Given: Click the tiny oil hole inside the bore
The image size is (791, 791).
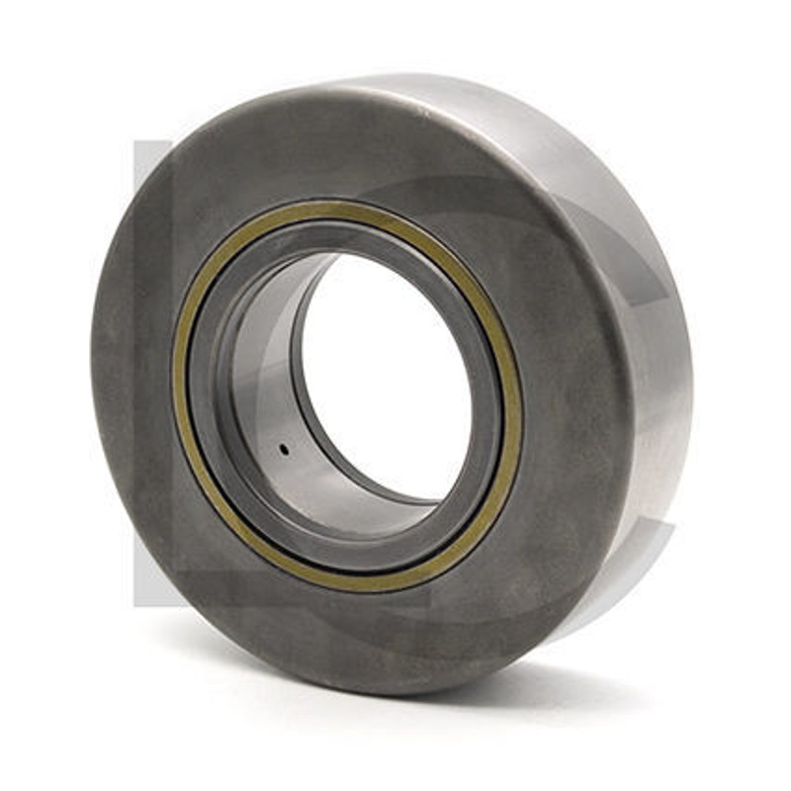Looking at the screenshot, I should [284, 449].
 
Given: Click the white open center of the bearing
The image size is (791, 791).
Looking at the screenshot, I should [391, 366].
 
